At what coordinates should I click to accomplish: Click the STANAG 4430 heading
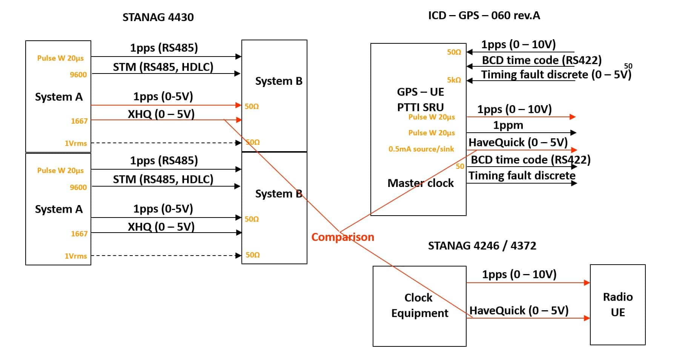point(158,17)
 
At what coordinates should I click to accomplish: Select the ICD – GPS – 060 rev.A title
point(484,15)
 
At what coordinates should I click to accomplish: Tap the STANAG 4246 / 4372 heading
point(482,246)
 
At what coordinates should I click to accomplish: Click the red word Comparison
point(342,237)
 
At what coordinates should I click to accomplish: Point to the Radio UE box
point(617,305)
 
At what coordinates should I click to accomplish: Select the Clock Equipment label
point(419,305)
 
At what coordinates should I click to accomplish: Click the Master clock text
point(421,183)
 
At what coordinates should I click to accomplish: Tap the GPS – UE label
point(420,92)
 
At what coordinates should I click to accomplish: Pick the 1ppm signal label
point(508,125)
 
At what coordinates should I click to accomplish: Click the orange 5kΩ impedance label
point(454,80)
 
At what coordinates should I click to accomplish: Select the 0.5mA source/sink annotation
point(421,149)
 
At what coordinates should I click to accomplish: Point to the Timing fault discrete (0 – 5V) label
point(556,75)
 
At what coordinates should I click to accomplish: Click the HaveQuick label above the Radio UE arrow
point(519,311)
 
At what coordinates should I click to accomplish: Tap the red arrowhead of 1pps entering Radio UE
point(587,283)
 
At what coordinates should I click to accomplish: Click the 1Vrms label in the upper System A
point(75,143)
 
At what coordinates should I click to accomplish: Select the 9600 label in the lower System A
point(78,187)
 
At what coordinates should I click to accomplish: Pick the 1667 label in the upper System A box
point(79,121)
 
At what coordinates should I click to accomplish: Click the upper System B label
point(279,81)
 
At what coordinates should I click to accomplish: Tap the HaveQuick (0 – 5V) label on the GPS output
point(518,142)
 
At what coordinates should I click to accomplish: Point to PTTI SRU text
point(420,107)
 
